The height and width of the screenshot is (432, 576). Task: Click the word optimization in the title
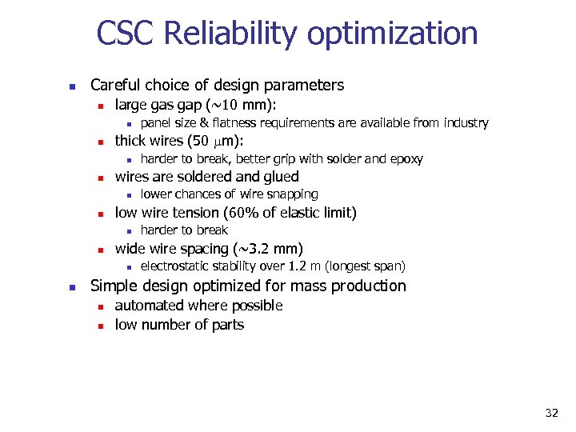coord(392,34)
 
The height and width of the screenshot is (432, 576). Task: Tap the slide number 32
coord(551,413)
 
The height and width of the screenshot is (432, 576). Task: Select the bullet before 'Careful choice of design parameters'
coord(71,86)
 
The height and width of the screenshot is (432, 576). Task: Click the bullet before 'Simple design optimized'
coord(71,287)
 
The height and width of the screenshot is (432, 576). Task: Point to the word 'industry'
coord(464,122)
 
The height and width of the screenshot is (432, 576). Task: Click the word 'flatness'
coord(243,122)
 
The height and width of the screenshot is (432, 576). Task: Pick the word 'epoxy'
coord(406,158)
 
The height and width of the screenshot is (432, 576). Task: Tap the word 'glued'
coord(278,177)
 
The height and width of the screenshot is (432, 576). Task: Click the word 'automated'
coord(146,306)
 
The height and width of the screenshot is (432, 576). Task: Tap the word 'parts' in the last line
coord(227,325)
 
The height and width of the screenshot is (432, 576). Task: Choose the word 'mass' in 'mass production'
coord(318,286)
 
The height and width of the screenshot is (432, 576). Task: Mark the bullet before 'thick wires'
coord(97,142)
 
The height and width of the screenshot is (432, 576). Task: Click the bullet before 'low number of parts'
coord(97,326)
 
